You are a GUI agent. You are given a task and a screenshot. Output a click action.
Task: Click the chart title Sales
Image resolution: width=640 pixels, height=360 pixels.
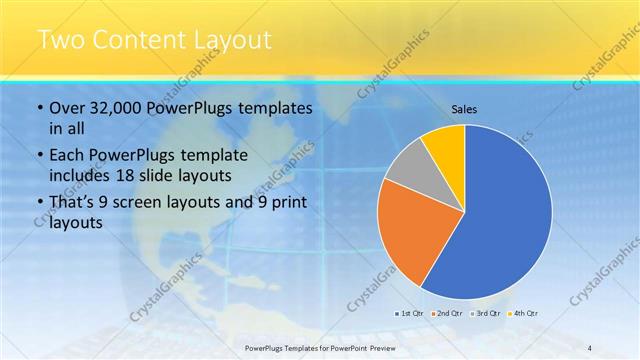click(x=464, y=109)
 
